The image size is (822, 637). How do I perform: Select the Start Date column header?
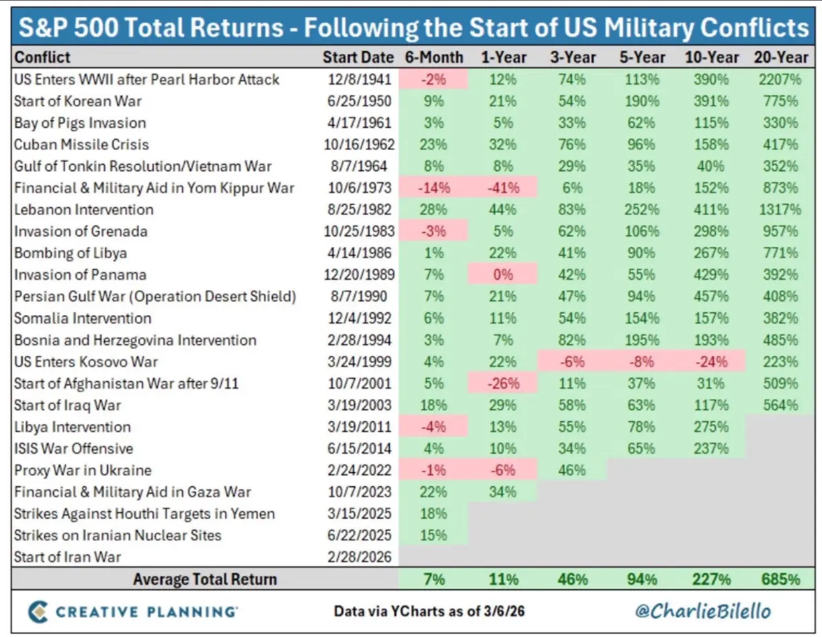(x=359, y=57)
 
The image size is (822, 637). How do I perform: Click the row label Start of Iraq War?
(x=68, y=405)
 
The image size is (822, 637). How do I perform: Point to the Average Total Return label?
(x=204, y=579)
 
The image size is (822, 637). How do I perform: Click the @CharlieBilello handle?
(x=703, y=611)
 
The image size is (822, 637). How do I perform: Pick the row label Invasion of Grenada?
(x=81, y=231)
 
